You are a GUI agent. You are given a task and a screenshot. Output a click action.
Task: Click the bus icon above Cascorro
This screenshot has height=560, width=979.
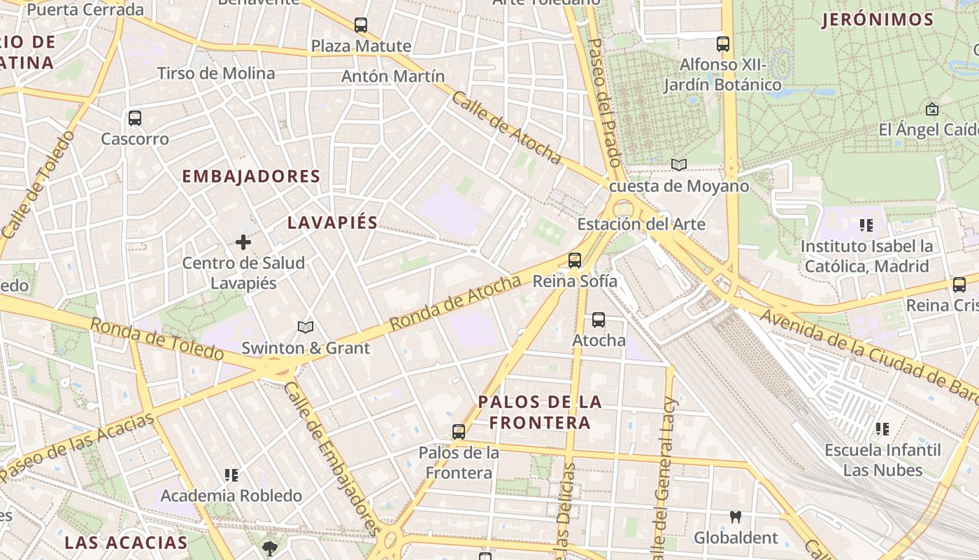click(x=135, y=118)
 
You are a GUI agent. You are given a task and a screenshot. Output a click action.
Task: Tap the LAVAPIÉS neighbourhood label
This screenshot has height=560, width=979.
click(x=333, y=223)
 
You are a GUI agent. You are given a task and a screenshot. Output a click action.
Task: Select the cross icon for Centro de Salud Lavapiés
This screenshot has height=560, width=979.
click(x=243, y=242)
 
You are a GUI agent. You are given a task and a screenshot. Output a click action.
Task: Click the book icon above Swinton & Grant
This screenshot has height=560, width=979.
click(x=306, y=327)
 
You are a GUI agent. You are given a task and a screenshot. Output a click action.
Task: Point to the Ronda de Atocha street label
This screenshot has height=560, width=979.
click(x=455, y=302)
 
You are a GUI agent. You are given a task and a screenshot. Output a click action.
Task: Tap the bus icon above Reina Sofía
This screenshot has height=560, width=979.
click(x=575, y=260)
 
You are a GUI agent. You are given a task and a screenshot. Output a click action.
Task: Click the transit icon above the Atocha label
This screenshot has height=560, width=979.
click(x=599, y=320)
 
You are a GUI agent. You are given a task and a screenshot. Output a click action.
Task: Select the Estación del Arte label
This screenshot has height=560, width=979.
click(x=641, y=225)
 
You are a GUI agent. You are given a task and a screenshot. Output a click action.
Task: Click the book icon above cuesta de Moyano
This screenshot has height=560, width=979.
click(x=678, y=165)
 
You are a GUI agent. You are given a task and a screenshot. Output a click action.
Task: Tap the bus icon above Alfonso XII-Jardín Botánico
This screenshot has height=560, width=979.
click(x=723, y=44)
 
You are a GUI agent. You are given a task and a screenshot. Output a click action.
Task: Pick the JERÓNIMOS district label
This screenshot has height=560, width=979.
click(x=878, y=20)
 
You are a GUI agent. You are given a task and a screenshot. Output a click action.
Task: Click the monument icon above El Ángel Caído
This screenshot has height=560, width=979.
click(x=931, y=109)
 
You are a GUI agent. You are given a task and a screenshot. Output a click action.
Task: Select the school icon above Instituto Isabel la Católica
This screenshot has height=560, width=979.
click(x=866, y=225)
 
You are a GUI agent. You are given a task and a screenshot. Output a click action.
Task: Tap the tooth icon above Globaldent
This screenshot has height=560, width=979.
click(x=735, y=517)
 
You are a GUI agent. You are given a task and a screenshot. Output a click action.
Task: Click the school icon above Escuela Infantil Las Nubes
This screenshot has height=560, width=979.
click(x=882, y=428)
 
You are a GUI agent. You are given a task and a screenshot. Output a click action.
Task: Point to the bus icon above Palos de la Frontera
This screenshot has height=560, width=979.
click(x=459, y=432)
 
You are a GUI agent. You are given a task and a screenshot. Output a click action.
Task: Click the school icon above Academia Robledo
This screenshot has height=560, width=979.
click(x=231, y=475)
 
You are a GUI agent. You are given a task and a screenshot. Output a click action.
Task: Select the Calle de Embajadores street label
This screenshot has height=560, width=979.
click(x=332, y=459)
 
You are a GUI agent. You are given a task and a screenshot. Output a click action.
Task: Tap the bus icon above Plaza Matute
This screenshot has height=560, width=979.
click(x=361, y=25)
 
